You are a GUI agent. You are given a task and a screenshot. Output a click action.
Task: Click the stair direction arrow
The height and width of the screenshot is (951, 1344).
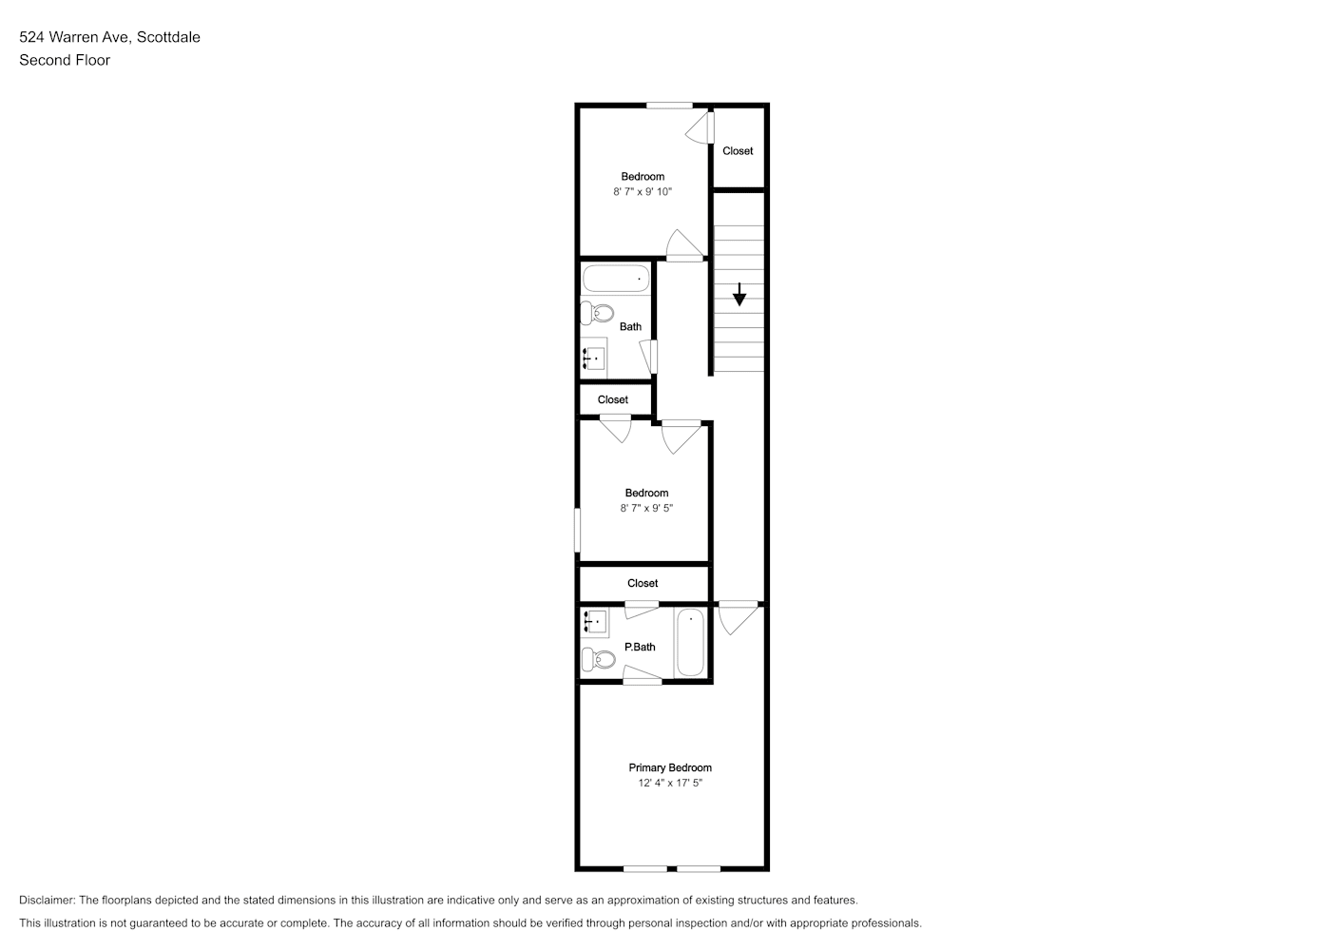(x=739, y=294)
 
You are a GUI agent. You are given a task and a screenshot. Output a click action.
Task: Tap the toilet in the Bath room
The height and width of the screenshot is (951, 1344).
(x=597, y=314)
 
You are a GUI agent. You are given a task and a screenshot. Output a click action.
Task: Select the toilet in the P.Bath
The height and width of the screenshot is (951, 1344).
(x=598, y=660)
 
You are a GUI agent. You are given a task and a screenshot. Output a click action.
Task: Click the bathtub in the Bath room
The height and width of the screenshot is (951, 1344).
(x=616, y=279)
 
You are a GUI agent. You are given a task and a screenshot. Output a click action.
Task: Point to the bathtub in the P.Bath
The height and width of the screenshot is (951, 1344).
(x=690, y=643)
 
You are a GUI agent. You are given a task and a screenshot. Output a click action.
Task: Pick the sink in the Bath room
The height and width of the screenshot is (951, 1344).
(x=593, y=359)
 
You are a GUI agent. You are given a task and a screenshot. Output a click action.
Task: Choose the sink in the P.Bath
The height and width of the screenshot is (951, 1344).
(x=595, y=622)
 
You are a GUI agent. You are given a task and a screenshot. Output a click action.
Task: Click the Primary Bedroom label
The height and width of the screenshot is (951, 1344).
(x=670, y=767)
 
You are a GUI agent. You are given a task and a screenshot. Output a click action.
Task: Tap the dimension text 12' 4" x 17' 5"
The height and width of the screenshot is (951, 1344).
(x=670, y=783)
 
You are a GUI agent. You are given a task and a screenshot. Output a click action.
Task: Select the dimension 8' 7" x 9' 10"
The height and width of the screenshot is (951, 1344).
(x=643, y=191)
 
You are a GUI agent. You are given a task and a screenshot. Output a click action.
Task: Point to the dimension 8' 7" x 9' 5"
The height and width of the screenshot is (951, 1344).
(x=646, y=508)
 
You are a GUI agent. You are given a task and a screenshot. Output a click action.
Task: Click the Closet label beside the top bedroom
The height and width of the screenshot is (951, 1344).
(x=738, y=150)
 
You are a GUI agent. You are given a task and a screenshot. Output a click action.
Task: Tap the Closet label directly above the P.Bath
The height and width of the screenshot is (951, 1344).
(x=643, y=583)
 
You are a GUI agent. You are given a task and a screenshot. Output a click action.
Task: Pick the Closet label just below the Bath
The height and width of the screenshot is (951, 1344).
(x=613, y=399)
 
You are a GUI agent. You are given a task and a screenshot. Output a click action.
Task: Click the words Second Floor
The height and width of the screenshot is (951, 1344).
(x=65, y=60)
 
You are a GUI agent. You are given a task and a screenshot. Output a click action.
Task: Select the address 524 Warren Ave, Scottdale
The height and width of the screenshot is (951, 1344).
(x=110, y=37)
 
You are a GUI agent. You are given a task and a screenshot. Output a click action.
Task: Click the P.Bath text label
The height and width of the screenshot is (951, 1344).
(x=640, y=647)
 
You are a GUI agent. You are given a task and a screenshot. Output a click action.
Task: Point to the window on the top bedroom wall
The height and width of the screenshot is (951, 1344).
(x=669, y=106)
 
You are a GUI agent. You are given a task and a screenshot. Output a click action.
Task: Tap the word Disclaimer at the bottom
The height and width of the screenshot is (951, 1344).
(x=48, y=900)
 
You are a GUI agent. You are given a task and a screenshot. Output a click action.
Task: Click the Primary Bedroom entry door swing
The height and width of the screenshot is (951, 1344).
(x=738, y=618)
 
